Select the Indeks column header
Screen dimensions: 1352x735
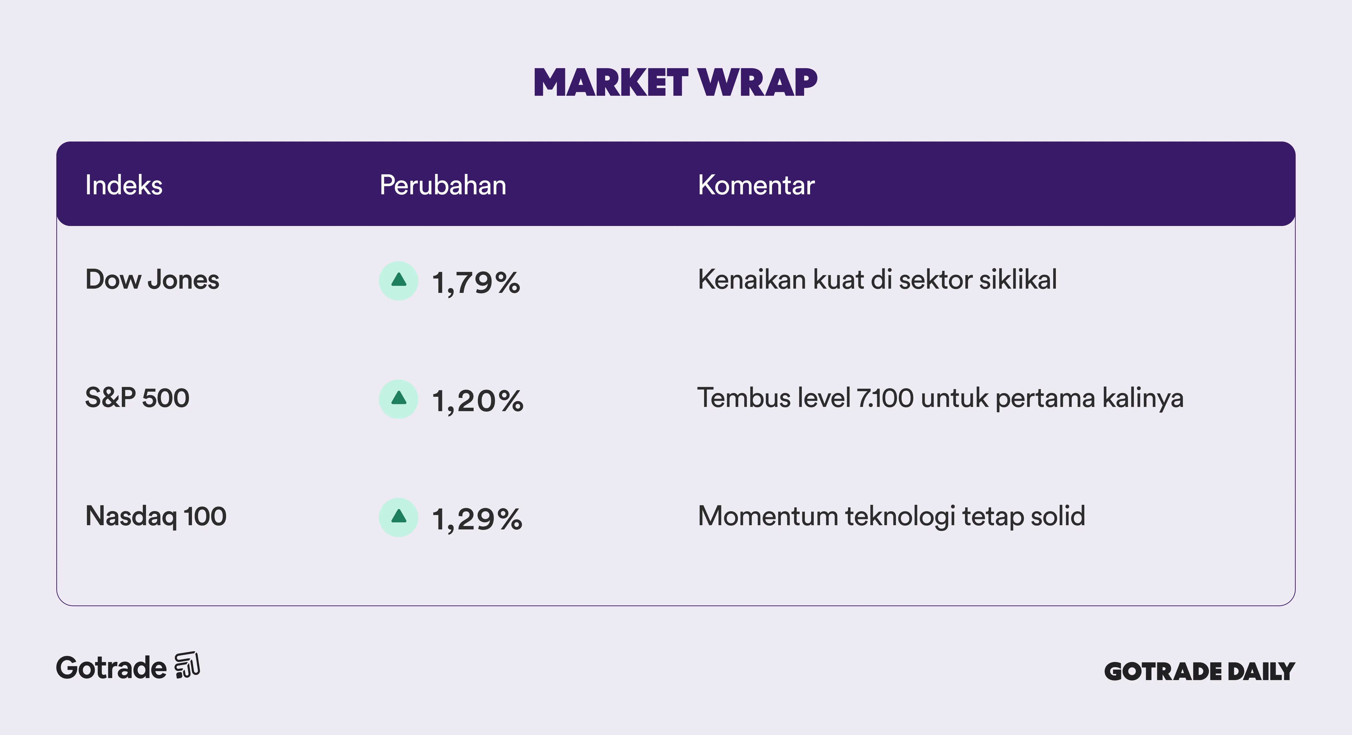point(124,185)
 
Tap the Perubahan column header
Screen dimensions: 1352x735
point(443,185)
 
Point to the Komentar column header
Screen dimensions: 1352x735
point(756,185)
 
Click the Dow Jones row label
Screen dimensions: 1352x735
point(152,280)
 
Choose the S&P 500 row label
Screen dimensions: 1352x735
point(137,398)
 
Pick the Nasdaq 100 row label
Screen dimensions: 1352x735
point(156,516)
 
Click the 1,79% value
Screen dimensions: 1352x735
point(476,283)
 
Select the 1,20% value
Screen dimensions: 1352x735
point(478,401)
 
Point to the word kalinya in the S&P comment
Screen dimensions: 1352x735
point(1143,398)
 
